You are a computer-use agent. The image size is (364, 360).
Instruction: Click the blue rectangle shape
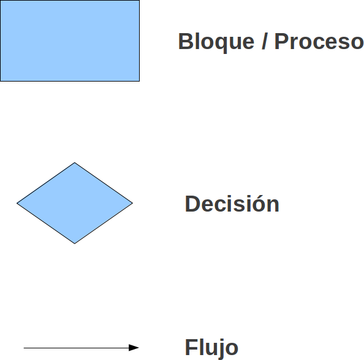coord(70,40)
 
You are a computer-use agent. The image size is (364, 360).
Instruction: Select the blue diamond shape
coord(75,203)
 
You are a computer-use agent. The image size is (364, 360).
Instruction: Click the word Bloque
coord(216,42)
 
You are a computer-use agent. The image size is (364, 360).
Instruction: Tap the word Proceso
coord(319,41)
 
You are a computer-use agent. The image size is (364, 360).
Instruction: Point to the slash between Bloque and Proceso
coord(264,41)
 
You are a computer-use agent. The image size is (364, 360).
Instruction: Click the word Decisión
coord(232,204)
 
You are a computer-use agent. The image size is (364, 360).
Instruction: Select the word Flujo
coord(211,348)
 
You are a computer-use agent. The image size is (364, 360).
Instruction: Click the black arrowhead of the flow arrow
coord(134,348)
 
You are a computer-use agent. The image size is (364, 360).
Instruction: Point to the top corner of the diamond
coord(75,163)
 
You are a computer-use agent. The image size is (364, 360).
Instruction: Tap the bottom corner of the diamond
coord(75,243)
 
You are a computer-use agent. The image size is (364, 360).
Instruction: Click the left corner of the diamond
coord(17,203)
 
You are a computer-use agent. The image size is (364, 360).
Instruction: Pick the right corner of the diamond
coord(132,203)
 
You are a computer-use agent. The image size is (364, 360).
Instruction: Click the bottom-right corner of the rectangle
coord(140,82)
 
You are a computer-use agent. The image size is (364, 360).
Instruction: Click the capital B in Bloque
coord(186,41)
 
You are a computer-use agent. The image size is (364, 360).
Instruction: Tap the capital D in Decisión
coord(192,204)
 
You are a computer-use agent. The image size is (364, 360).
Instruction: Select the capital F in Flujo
coord(191,347)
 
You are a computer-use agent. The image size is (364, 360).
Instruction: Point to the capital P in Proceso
coord(282,41)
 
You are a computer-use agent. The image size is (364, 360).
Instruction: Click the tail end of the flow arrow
coord(24,348)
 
